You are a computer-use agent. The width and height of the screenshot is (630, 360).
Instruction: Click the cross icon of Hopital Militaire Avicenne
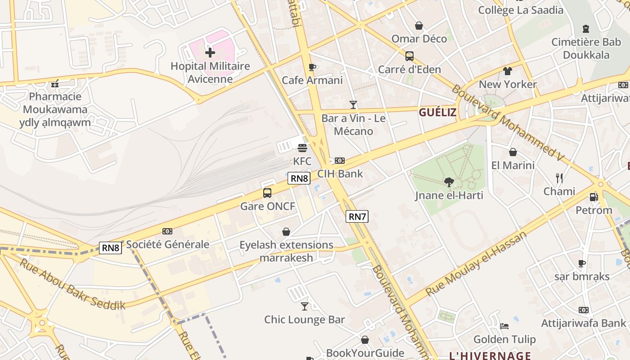210,53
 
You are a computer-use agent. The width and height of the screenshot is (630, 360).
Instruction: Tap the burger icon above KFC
302,148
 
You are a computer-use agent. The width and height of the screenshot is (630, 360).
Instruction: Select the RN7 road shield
357,216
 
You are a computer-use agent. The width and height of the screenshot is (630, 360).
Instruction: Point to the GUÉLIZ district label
437,112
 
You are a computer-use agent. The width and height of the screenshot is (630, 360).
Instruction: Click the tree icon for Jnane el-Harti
449,182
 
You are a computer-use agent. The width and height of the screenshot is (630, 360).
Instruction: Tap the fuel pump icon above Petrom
594,197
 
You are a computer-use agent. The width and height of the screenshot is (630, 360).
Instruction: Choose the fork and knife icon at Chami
559,178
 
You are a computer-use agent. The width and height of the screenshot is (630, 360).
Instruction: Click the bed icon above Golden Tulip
504,326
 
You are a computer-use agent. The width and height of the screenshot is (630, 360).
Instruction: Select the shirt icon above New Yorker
508,71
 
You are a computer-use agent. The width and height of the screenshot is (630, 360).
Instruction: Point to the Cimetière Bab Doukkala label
586,49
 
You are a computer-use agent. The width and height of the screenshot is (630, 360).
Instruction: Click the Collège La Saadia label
520,10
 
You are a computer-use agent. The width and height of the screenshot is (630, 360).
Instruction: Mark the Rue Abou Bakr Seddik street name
72,283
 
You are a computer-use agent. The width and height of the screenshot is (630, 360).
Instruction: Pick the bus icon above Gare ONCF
267,193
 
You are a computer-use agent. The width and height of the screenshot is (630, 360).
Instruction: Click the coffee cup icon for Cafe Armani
312,67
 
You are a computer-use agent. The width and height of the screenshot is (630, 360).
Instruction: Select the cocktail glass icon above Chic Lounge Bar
305,306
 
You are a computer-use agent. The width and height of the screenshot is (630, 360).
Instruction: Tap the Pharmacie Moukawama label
55,109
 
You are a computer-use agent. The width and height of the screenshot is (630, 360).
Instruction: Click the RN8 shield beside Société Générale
110,248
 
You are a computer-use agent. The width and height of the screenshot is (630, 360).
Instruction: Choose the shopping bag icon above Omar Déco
419,26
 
